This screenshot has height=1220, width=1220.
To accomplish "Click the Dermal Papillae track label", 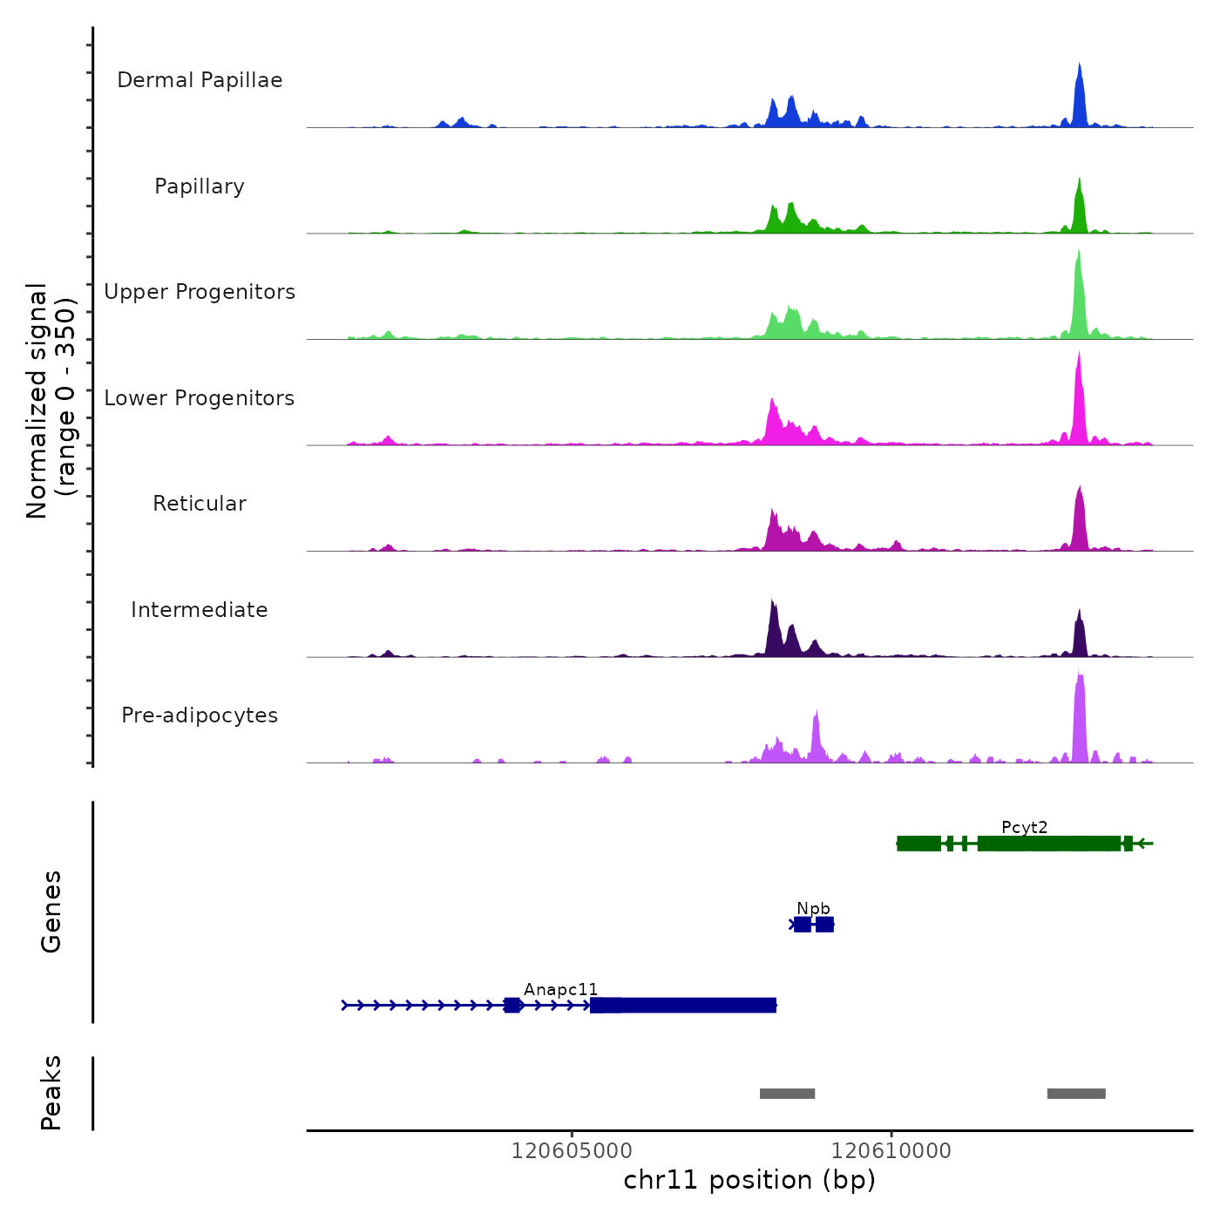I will pos(200,80).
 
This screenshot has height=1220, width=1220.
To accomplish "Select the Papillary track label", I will pos(200,186).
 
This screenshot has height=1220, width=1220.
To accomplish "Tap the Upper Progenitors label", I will pos(200,292).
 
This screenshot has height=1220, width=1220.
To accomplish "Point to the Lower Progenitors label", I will pos(200,398).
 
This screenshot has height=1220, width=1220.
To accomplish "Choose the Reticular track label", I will pos(200,504).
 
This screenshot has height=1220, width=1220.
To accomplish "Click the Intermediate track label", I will pos(200,610).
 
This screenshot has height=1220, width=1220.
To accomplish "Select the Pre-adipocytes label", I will pos(200,715).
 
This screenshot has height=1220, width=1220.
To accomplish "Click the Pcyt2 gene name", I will pos(1024,827).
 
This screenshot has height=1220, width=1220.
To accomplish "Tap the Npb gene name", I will pos(813,909).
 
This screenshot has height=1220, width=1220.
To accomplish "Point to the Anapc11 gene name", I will pos(560,989).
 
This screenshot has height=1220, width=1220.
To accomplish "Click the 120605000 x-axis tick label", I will pos(572,1150).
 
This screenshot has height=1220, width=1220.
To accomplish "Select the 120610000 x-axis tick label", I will pos(891,1150).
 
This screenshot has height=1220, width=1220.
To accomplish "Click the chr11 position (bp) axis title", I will pos(749,1180).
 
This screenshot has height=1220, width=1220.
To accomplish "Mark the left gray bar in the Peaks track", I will pos(787,1094).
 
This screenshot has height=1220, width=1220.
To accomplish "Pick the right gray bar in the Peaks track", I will pos(1076,1094).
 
